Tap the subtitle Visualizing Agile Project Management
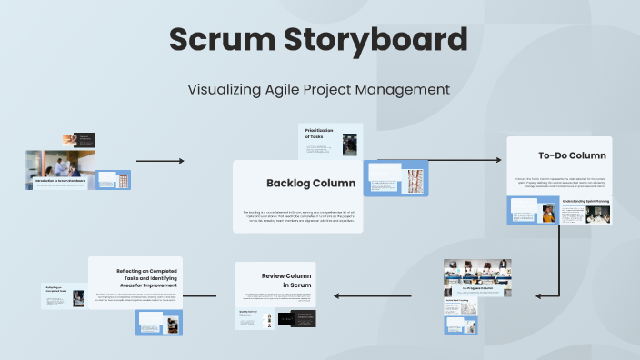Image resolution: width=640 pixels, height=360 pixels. [x=319, y=89]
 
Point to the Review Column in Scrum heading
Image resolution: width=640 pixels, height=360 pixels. [x=286, y=279]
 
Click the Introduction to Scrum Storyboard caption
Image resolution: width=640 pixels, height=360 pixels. [x=61, y=182]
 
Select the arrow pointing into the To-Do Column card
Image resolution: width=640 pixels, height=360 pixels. [x=464, y=161]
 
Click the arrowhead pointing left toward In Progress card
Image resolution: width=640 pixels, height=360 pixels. [x=539, y=295]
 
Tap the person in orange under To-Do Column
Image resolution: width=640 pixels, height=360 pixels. [x=548, y=214]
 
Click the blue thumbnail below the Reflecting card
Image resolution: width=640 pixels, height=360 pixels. [x=158, y=322]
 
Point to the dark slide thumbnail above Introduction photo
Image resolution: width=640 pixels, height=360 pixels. [x=79, y=140]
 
